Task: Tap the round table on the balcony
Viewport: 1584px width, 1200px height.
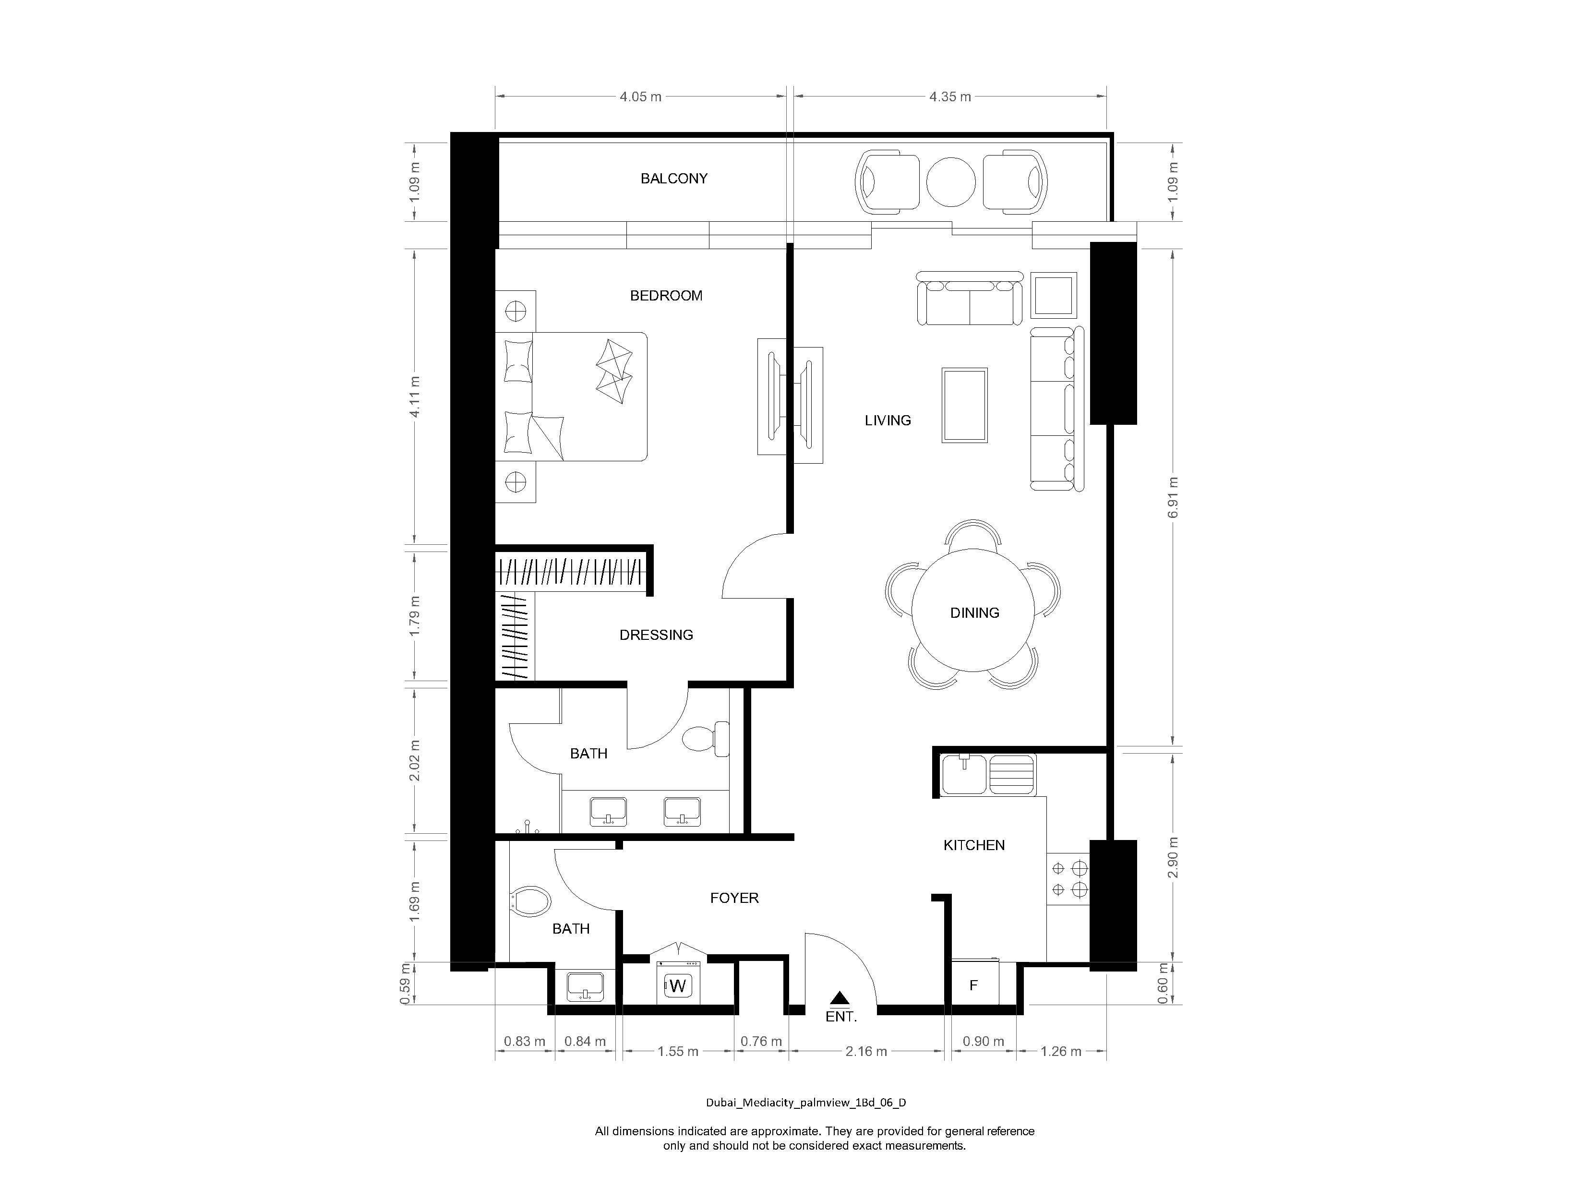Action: pos(950,182)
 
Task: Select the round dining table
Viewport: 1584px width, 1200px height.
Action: pos(972,610)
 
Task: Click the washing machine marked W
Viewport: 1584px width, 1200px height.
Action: pos(677,986)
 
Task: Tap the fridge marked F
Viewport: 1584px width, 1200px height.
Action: pos(973,986)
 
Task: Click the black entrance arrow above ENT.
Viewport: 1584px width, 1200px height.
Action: pos(840,998)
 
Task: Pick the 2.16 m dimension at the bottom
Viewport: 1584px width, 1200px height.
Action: pos(866,1051)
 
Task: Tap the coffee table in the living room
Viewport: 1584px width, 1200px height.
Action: pos(965,405)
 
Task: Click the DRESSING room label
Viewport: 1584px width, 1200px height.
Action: pos(656,635)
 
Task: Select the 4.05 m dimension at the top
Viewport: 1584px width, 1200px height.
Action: pos(640,96)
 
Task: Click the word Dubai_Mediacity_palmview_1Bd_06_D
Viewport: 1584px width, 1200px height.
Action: pos(805,1103)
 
